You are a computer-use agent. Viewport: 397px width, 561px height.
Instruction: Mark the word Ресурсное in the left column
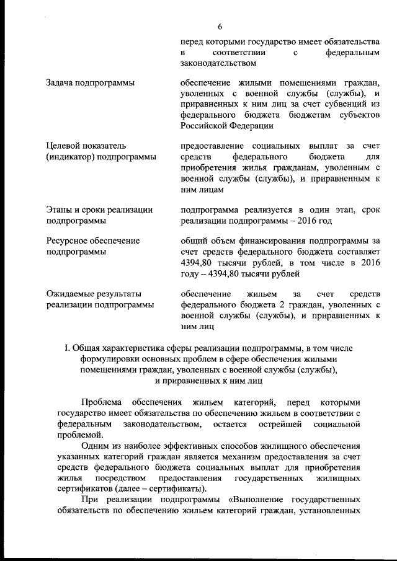coord(68,241)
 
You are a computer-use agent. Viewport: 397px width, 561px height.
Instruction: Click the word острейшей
coord(279,423)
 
